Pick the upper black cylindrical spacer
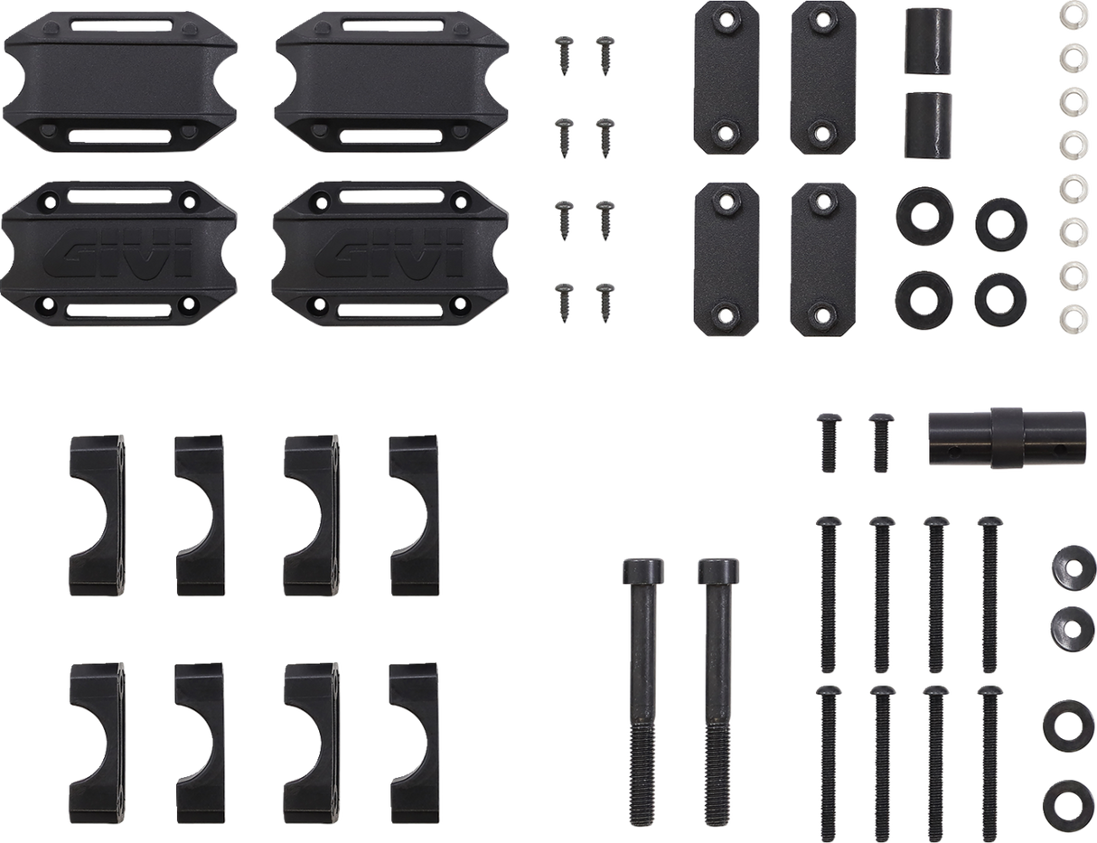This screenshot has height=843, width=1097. [x=928, y=44]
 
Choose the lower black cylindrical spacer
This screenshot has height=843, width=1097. [x=928, y=124]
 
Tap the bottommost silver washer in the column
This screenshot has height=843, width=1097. [x=1072, y=315]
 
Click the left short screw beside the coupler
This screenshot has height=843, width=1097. [x=830, y=440]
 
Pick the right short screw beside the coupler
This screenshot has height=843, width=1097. [x=878, y=440]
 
